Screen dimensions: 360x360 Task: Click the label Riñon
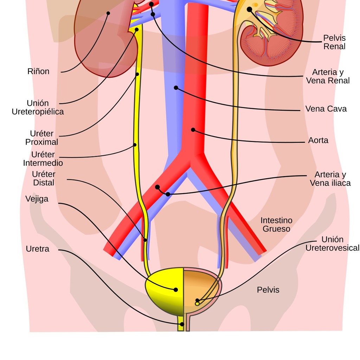[x=38, y=71]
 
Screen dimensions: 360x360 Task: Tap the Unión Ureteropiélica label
[x=38, y=107]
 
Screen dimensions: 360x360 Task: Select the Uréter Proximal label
[x=41, y=138]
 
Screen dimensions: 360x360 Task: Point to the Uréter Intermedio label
[x=43, y=159]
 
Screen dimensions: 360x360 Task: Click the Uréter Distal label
[x=44, y=178]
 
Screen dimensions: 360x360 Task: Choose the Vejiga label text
[x=37, y=199]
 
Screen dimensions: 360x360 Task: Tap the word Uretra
[x=37, y=249]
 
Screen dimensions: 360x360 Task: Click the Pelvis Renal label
[x=334, y=42]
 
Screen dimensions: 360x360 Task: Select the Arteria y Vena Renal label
[x=328, y=76]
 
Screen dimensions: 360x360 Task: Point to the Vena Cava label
[x=326, y=109]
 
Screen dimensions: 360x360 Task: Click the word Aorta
[x=318, y=140]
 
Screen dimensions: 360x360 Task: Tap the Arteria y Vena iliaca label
[x=330, y=179]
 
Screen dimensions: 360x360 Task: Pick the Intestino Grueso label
[x=276, y=225]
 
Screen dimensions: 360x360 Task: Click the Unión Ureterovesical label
[x=333, y=244]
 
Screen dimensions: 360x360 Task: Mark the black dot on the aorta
[x=193, y=130]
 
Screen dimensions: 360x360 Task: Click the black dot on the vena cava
[x=176, y=88]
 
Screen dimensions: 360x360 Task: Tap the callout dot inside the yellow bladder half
[x=176, y=290]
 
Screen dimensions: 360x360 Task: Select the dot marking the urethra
[x=182, y=324]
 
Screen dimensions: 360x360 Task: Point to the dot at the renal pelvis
[x=249, y=9]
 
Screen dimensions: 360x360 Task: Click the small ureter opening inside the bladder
[x=197, y=304]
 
